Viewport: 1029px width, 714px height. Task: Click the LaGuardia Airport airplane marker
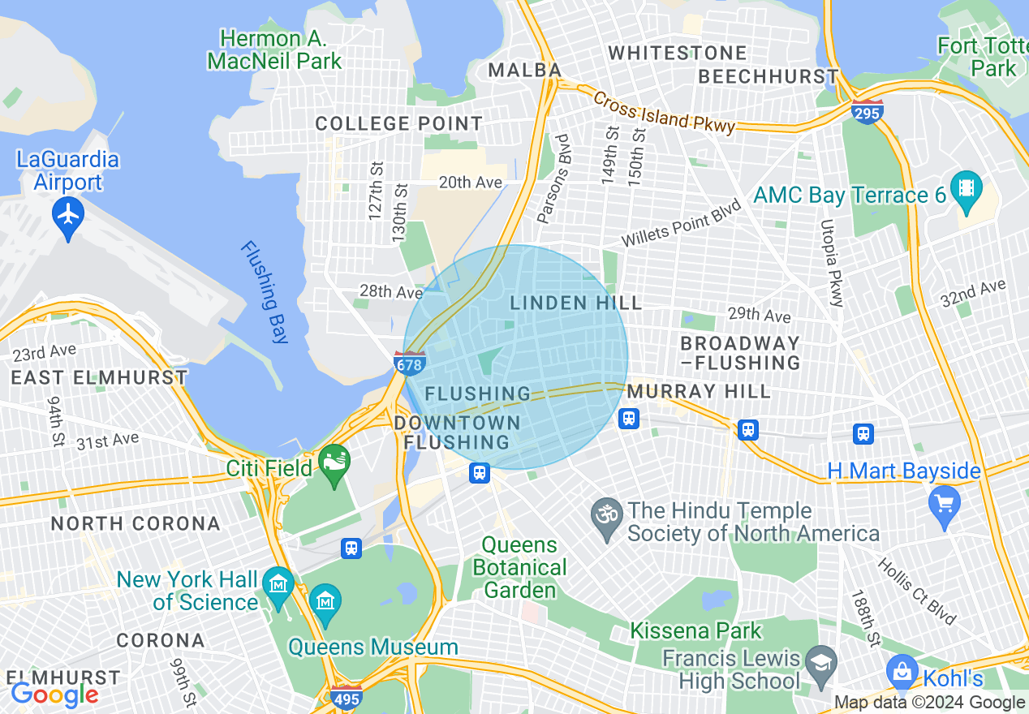68,215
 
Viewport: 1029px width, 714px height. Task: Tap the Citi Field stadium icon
334,463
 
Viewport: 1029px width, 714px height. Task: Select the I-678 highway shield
410,363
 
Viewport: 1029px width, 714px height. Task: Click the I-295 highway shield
867,112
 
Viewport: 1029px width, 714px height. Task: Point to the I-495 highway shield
347,696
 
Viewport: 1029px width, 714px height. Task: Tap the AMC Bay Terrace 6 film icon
966,189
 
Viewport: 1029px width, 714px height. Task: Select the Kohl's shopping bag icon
902,670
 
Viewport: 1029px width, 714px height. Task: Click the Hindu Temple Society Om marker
608,517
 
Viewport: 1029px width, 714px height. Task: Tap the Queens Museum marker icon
325,602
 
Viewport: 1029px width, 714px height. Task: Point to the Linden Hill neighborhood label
575,303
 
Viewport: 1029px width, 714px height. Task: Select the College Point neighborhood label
398,124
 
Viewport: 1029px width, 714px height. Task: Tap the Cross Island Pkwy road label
664,112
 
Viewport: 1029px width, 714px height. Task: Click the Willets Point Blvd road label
682,223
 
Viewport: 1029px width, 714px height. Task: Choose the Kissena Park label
696,630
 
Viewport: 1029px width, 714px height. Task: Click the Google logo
54,695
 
